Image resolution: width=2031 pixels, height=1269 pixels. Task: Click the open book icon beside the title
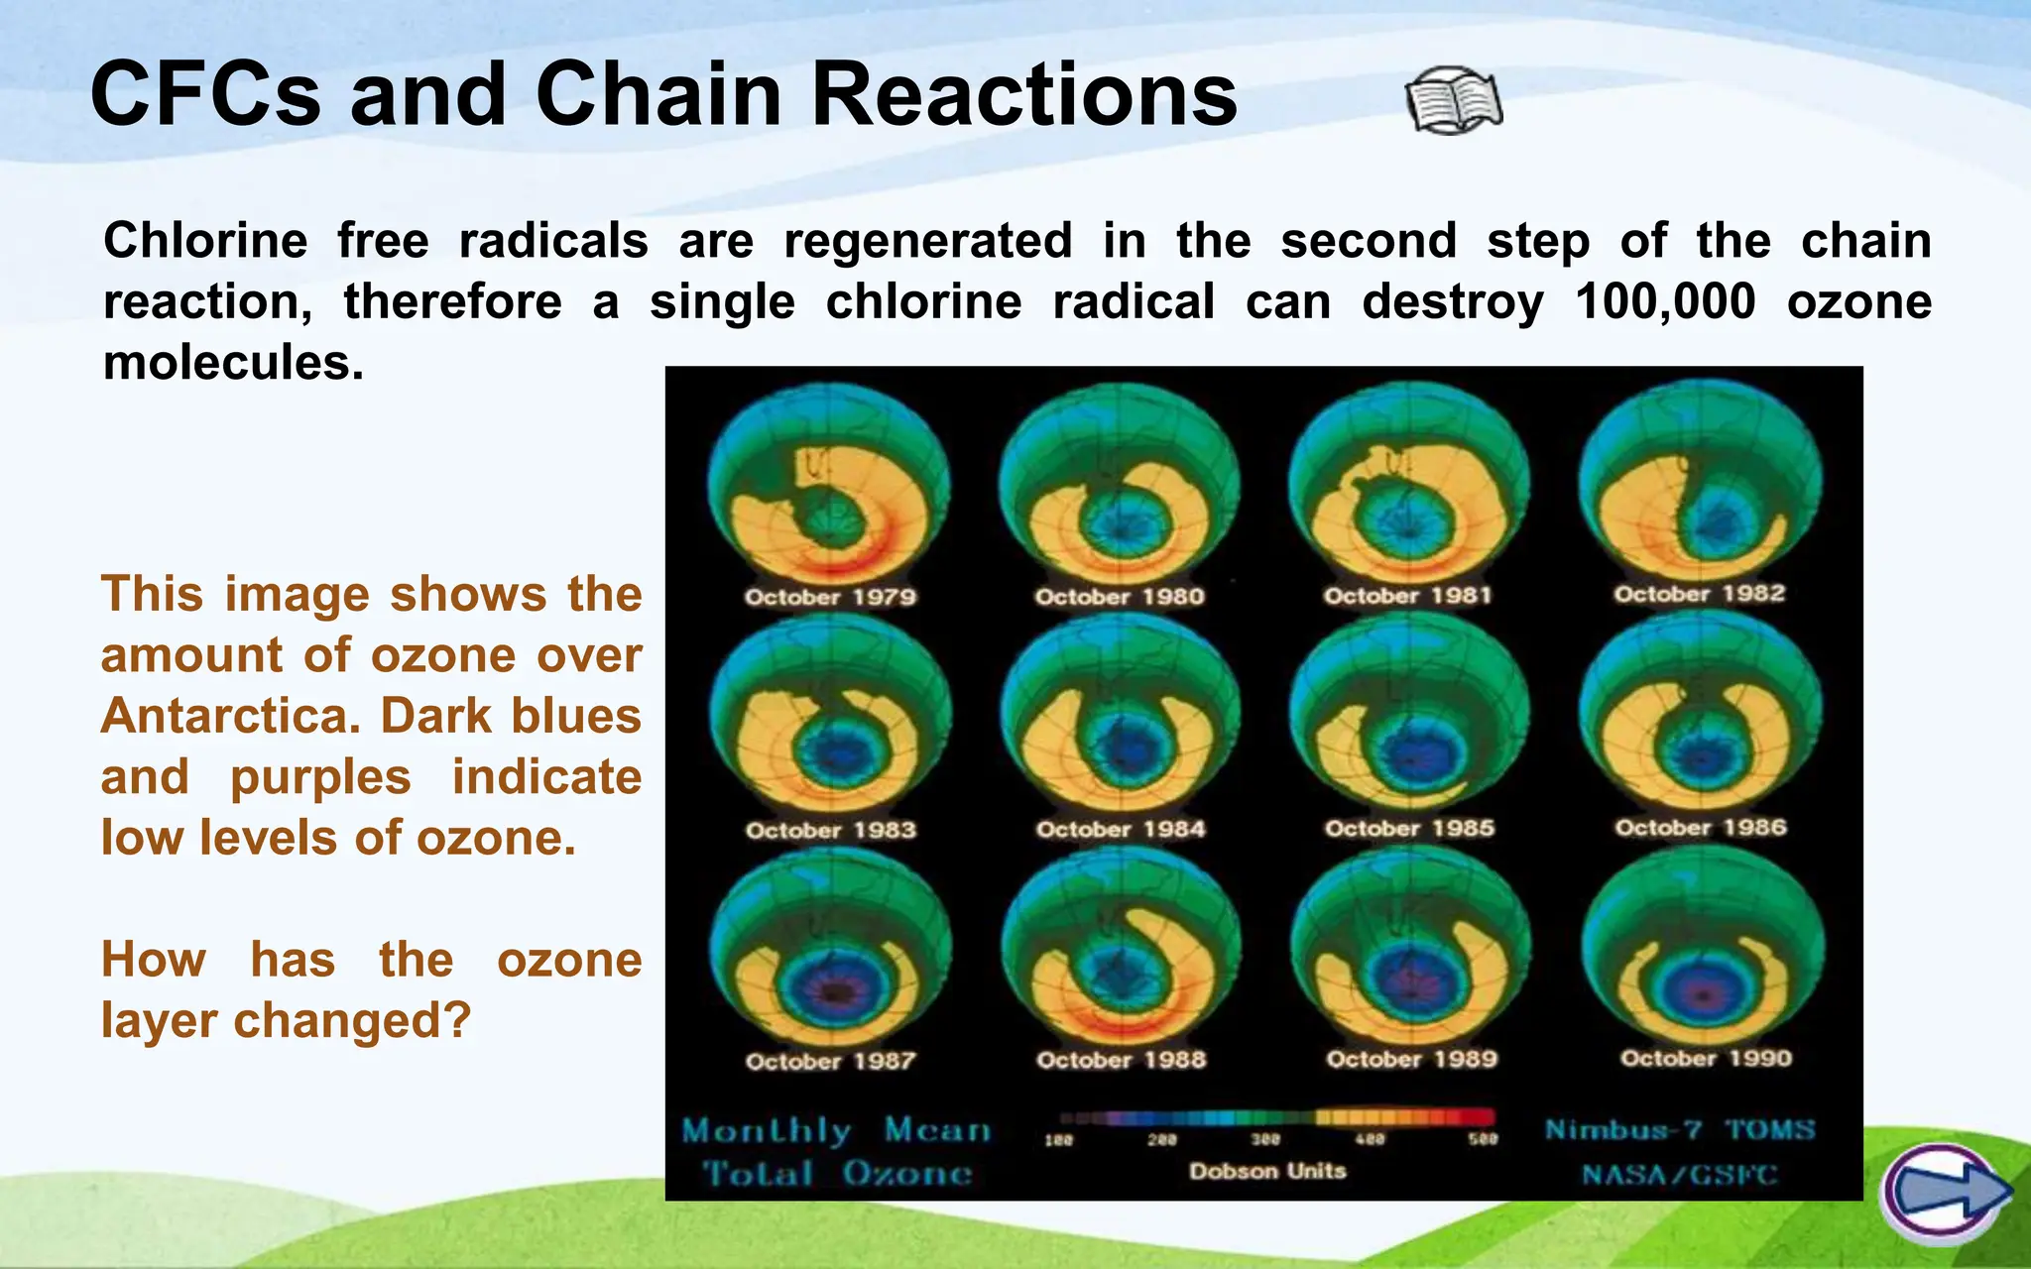[x=1453, y=101]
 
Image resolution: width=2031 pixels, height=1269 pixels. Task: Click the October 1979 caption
[x=830, y=597]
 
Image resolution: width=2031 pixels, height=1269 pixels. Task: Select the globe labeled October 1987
[x=831, y=950]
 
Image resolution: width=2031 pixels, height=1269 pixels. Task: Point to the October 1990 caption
[x=1706, y=1059]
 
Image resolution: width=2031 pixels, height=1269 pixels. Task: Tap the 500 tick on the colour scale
[x=1483, y=1140]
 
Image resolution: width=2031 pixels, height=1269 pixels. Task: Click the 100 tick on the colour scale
[x=1058, y=1141]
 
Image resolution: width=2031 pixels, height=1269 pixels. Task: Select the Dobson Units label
[x=1267, y=1172]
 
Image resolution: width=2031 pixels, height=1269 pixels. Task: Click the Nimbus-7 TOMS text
[x=1680, y=1130]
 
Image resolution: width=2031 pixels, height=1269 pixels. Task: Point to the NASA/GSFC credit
[x=1680, y=1176]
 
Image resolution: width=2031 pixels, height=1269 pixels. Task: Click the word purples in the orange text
[x=320, y=777]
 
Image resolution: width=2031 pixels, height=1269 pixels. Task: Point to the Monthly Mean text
[x=836, y=1130]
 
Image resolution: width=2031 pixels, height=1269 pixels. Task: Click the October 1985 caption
[x=1409, y=829]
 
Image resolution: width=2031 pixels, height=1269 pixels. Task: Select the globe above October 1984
[x=1121, y=716]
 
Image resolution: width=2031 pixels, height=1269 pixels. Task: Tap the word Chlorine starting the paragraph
[x=205, y=241]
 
